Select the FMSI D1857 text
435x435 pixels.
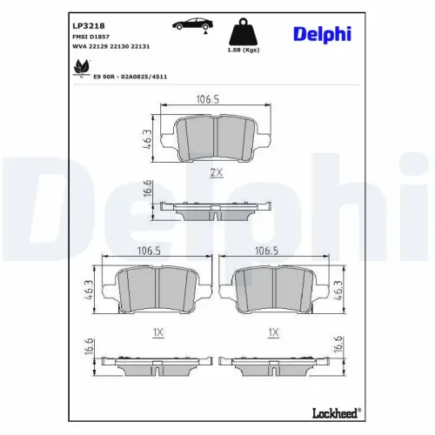pyautogui.click(x=89, y=37)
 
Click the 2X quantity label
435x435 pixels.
pyautogui.click(x=217, y=173)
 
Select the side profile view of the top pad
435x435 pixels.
pyautogui.click(x=214, y=209)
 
